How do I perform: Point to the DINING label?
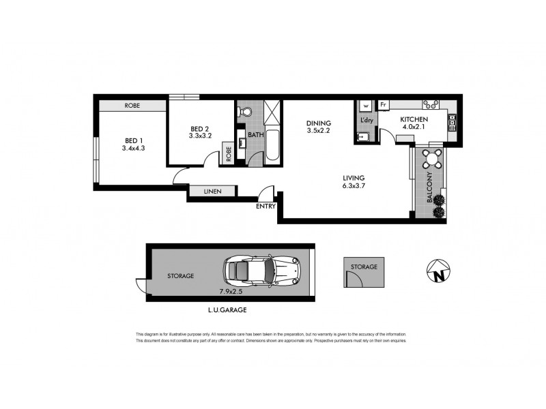pos(318,123)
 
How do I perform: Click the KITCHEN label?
pos(414,119)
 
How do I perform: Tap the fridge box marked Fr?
pos(384,106)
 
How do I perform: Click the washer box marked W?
pos(366,106)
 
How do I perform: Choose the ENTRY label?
pos(266,206)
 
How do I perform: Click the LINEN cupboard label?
pos(212,192)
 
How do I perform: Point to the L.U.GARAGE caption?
pos(227,310)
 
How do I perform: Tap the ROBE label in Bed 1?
pos(132,106)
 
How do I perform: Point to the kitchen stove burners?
pos(432,105)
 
